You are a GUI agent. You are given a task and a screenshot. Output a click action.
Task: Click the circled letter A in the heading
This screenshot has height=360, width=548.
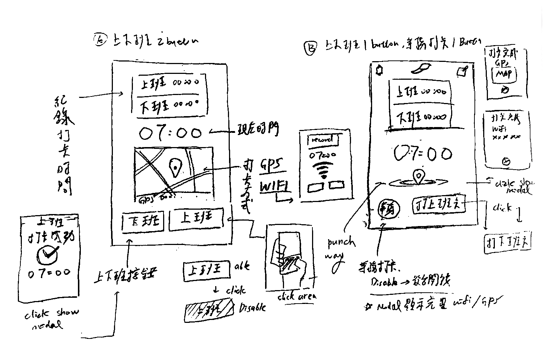(99, 39)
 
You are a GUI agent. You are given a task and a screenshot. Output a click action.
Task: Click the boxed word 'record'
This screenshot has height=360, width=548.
(323, 140)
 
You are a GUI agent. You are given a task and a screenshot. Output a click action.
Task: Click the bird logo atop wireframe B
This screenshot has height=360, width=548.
(422, 68)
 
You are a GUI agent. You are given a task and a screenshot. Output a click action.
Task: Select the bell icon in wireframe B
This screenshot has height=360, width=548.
(379, 70)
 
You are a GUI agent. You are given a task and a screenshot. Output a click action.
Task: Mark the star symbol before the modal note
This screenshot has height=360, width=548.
(368, 307)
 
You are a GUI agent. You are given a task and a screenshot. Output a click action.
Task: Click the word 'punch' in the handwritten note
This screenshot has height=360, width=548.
(341, 242)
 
